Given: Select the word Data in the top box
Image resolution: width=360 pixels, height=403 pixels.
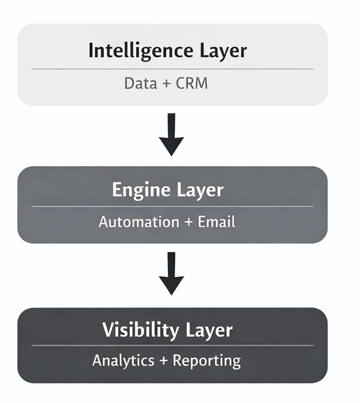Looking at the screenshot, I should click(140, 83).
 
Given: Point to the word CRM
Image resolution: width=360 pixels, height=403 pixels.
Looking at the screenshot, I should click(192, 83).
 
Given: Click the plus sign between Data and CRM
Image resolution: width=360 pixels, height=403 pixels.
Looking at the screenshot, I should click(166, 84).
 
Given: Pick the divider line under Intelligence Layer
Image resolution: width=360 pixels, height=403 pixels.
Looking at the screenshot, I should click(173, 69).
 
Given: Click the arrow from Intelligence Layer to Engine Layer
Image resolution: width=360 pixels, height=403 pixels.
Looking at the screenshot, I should click(171, 134).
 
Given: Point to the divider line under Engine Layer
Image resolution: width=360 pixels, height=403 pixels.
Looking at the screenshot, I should click(173, 206).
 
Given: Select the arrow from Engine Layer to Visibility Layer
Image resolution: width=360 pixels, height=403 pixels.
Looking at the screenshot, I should click(171, 273).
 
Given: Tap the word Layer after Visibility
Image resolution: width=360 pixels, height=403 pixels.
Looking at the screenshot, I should click(209, 330).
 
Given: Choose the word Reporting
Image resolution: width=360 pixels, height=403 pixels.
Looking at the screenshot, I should click(206, 361).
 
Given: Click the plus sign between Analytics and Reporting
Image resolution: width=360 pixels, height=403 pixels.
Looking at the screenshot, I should click(164, 361).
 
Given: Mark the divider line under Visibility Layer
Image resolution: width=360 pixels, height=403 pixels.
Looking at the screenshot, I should click(173, 345).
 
